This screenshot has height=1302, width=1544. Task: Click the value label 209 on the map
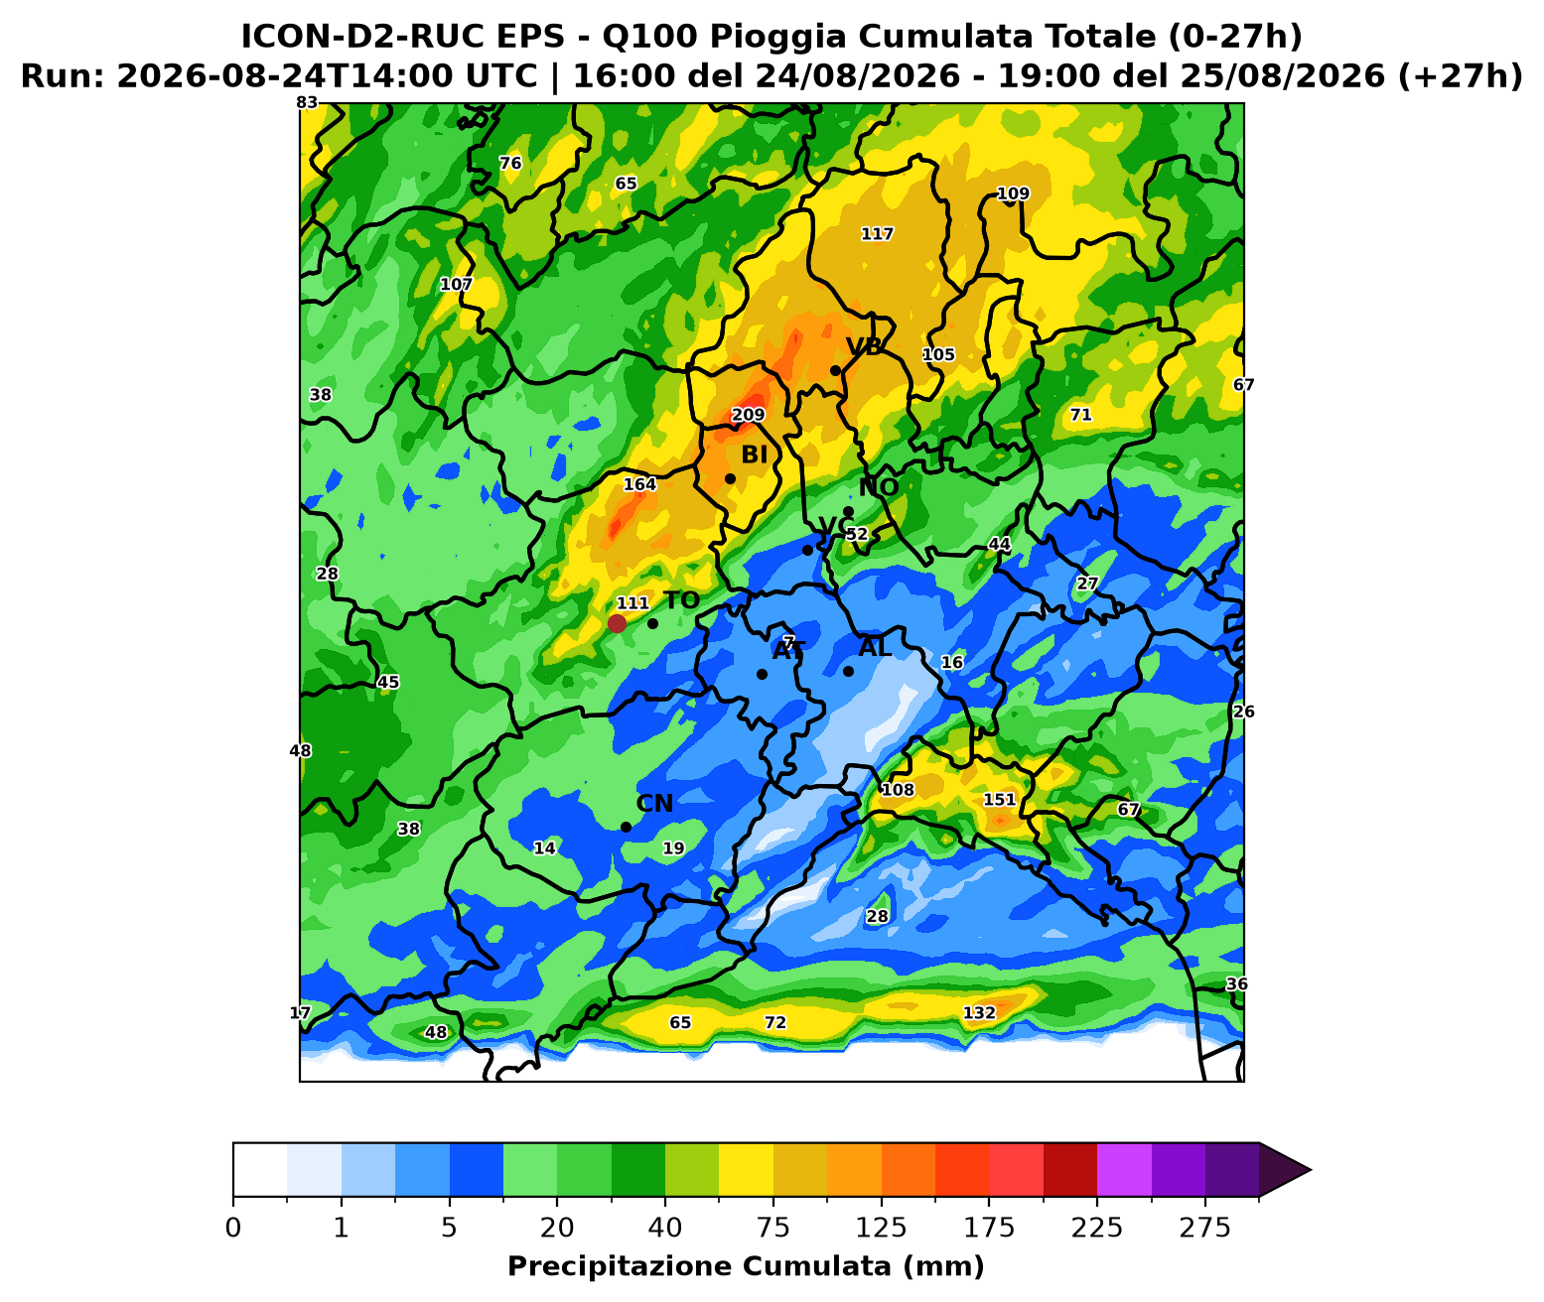pyautogui.click(x=748, y=415)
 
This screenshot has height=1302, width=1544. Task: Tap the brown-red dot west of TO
pyautogui.click(x=617, y=623)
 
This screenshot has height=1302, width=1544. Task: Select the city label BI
pyautogui.click(x=755, y=455)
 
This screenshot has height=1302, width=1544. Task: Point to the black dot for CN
pyautogui.click(x=626, y=827)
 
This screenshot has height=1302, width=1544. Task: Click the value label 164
pyautogui.click(x=639, y=484)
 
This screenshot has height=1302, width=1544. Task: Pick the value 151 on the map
pyautogui.click(x=999, y=800)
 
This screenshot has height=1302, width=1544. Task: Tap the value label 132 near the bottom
pyautogui.click(x=979, y=1012)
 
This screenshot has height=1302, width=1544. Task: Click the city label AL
pyautogui.click(x=875, y=647)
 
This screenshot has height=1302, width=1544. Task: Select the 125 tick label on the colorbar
pyautogui.click(x=881, y=1229)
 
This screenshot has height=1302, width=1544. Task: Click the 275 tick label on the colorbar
pyautogui.click(x=1204, y=1229)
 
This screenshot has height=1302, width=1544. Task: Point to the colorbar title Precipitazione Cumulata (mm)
pyautogui.click(x=746, y=1266)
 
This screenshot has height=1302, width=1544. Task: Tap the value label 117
pyautogui.click(x=877, y=234)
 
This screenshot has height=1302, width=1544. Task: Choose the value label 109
pyautogui.click(x=1013, y=194)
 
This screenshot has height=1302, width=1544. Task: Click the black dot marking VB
pyautogui.click(x=836, y=370)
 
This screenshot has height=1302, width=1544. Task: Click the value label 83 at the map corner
pyautogui.click(x=307, y=103)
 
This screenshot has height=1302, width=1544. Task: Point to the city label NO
pyautogui.click(x=879, y=487)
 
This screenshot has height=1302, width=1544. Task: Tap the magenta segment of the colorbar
pyautogui.click(x=1124, y=1170)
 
